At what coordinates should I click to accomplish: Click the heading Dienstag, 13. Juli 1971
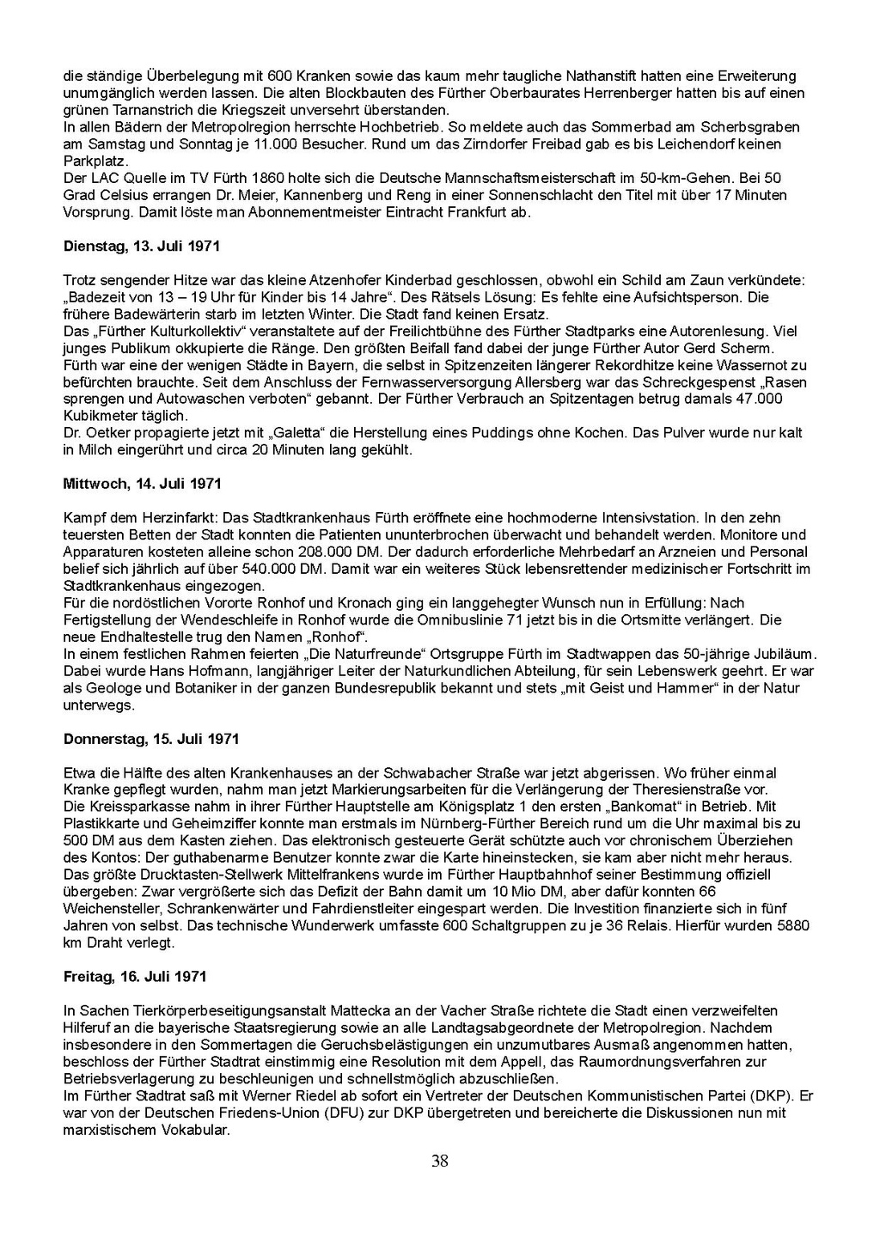(x=141, y=247)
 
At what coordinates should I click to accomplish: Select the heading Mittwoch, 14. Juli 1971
(x=142, y=485)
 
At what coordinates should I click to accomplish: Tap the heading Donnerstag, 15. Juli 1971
(x=151, y=740)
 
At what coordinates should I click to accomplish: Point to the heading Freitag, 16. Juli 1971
(x=134, y=978)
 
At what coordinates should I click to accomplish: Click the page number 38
(x=440, y=1162)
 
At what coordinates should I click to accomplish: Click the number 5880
(x=796, y=926)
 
